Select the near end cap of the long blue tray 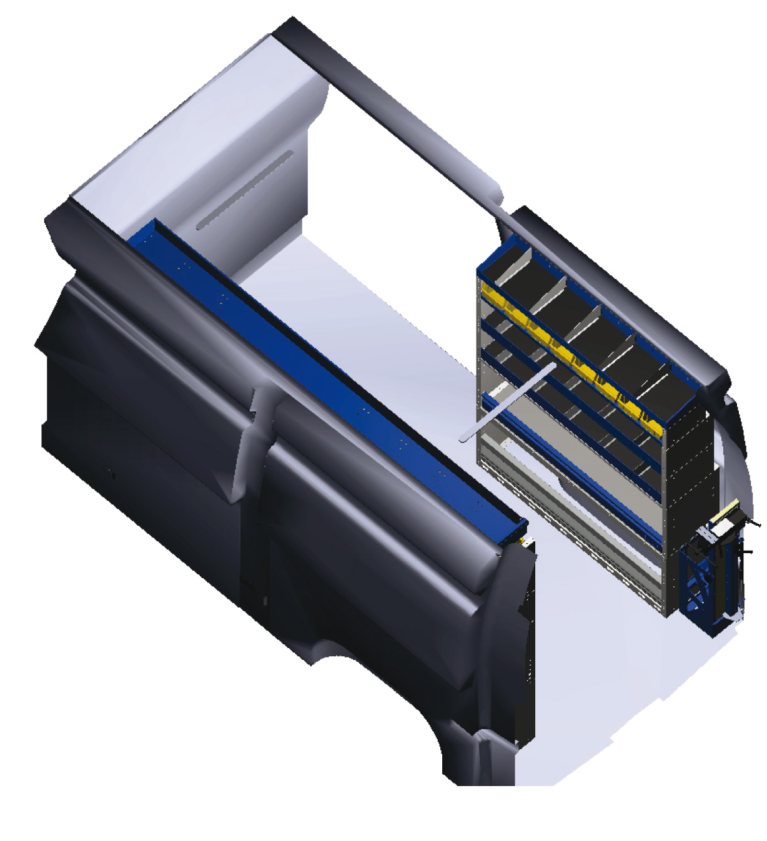[x=518, y=531]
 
